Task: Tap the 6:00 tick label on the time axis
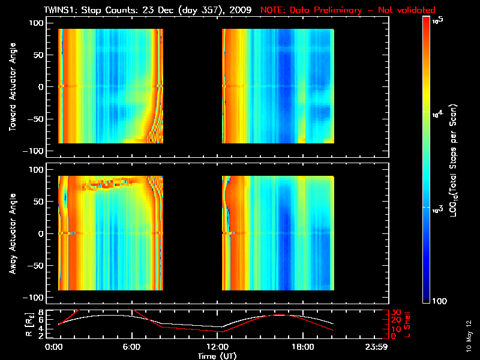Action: click(x=131, y=347)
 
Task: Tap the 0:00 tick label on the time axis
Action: click(x=54, y=347)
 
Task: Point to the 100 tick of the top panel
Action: click(x=37, y=22)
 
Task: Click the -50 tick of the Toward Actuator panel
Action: click(x=36, y=119)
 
